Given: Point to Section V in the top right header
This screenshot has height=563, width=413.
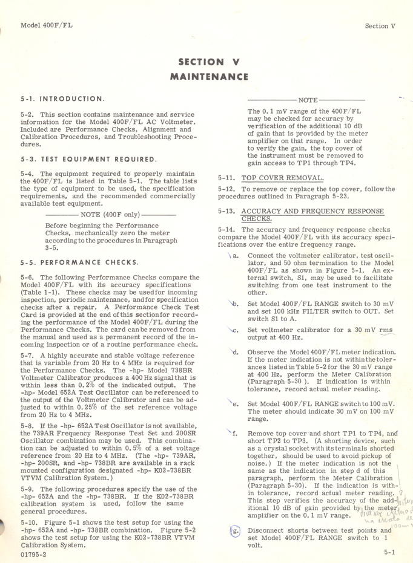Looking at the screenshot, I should (x=380, y=26).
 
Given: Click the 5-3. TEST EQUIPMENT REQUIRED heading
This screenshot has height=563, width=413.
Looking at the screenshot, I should (x=88, y=160).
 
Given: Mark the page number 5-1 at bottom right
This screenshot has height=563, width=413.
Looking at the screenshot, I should (x=389, y=552).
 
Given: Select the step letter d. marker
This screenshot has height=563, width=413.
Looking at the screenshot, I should (x=235, y=351).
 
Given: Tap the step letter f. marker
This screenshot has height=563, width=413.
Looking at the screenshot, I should (x=235, y=433).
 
